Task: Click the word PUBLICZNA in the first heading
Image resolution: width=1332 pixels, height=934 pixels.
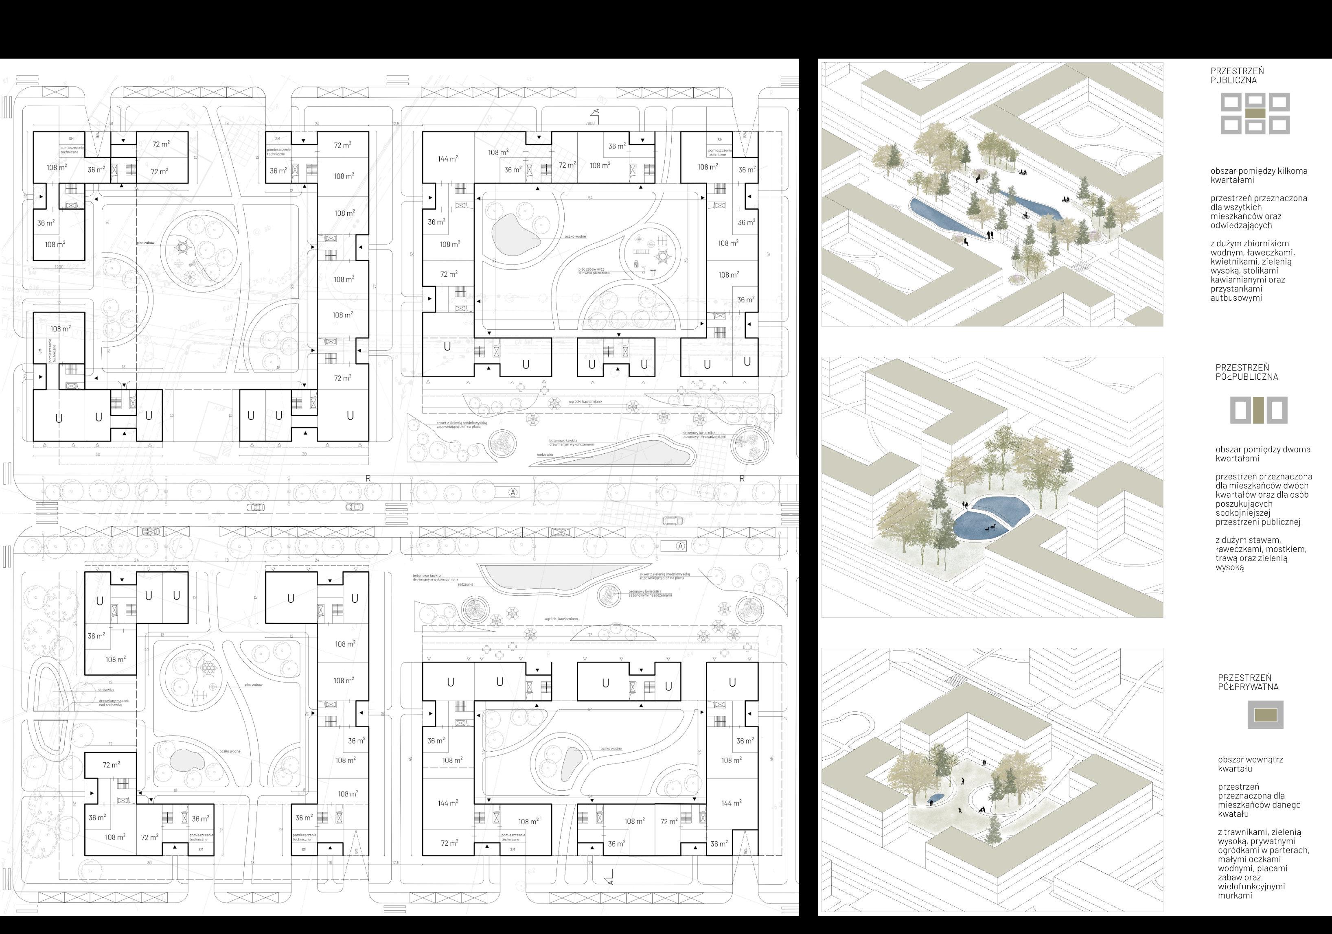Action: tap(1233, 81)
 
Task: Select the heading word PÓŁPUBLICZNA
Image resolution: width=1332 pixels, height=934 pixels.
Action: tap(1247, 376)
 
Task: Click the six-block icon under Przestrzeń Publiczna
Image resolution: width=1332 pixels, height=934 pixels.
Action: tap(1255, 114)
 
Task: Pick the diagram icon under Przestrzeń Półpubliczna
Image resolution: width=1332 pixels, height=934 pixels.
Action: tap(1259, 410)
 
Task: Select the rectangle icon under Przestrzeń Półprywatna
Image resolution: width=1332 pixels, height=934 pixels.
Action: tap(1265, 715)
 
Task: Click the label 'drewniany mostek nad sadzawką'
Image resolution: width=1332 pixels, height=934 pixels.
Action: tap(115, 704)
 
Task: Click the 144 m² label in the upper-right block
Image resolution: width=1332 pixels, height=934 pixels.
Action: tap(447, 159)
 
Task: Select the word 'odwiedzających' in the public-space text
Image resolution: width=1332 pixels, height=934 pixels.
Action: tap(1239, 225)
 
